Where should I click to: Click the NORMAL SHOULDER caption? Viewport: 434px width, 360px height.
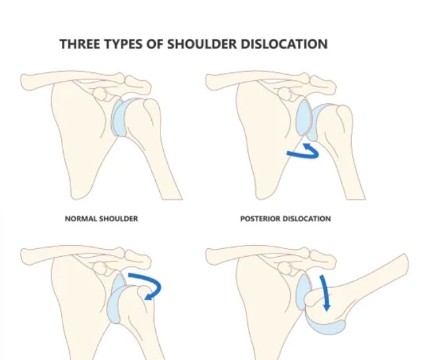point(101,218)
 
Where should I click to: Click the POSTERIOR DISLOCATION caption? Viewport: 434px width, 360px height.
point(285,218)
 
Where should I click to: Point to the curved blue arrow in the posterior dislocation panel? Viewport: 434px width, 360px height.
point(304,152)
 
